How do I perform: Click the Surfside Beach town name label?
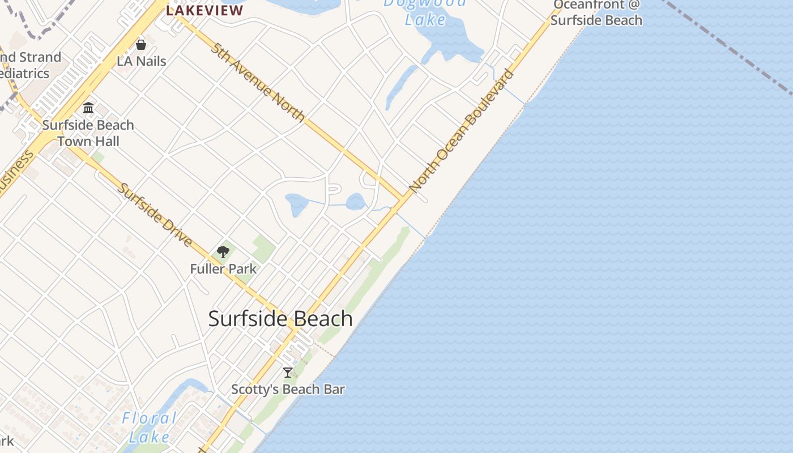pyautogui.click(x=280, y=319)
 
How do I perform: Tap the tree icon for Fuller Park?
pyautogui.click(x=223, y=252)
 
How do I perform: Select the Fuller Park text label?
pyautogui.click(x=223, y=269)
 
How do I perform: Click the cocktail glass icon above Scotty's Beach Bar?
pyautogui.click(x=288, y=373)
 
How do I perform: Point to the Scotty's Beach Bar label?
pyautogui.click(x=288, y=390)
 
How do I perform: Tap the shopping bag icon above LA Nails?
pyautogui.click(x=141, y=44)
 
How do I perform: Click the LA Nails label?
pyautogui.click(x=141, y=61)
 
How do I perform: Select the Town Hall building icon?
pyautogui.click(x=88, y=108)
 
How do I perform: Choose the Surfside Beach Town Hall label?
pyautogui.click(x=88, y=133)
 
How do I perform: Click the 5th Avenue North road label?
pyautogui.click(x=258, y=82)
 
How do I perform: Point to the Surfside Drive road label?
pyautogui.click(x=155, y=214)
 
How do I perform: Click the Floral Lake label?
pyautogui.click(x=149, y=428)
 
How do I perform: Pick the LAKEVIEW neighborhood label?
pyautogui.click(x=204, y=10)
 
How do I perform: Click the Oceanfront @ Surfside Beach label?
pyautogui.click(x=596, y=12)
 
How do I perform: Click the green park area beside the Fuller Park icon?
pyautogui.click(x=263, y=248)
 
